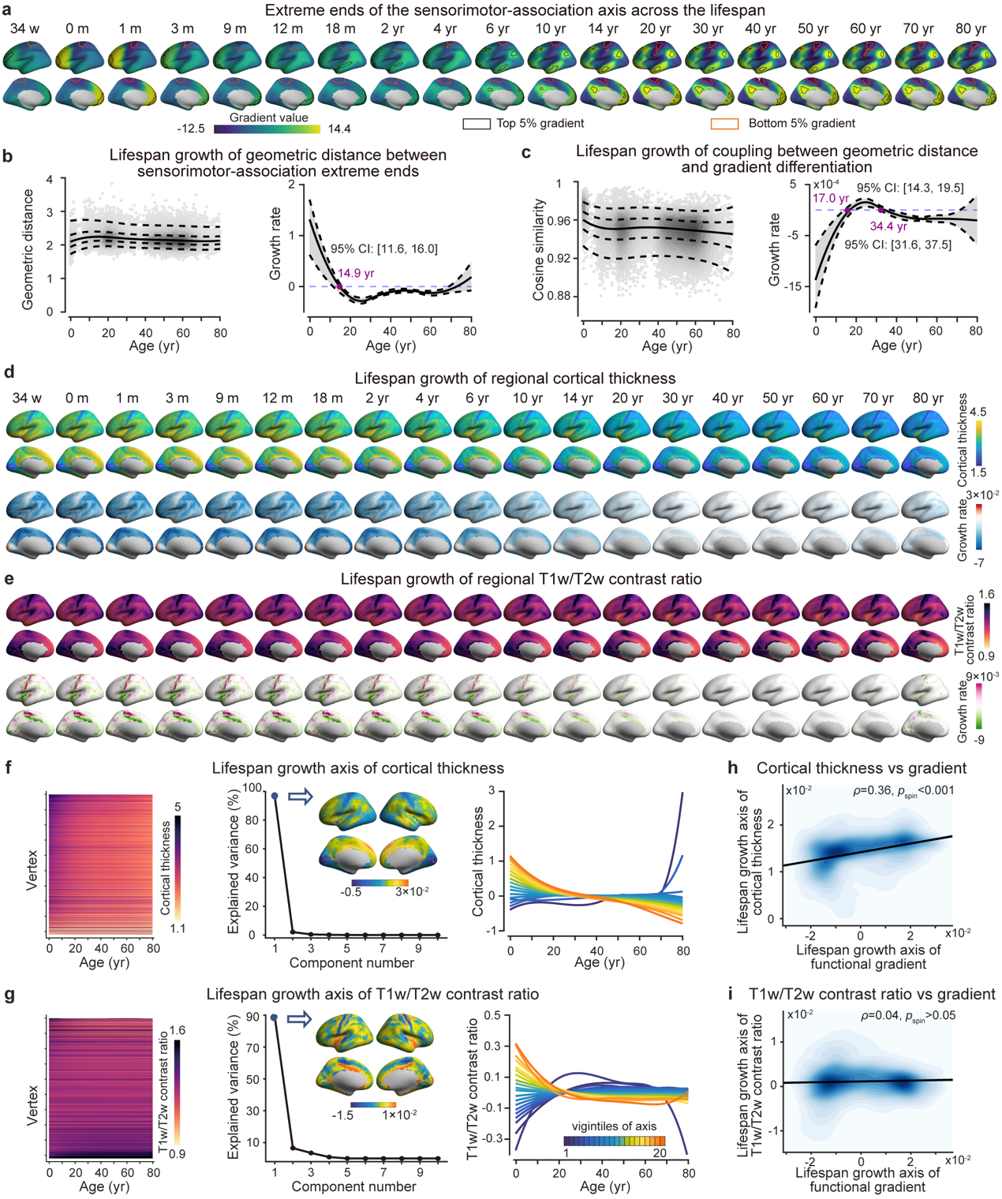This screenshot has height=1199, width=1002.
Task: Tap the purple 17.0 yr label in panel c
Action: (x=830, y=198)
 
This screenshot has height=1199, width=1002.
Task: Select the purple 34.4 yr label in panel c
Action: (x=888, y=226)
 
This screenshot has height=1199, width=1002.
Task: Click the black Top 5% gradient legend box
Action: (x=477, y=123)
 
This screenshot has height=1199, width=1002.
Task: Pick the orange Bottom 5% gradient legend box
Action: (x=725, y=123)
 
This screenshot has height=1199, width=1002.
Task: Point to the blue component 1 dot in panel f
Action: (x=275, y=796)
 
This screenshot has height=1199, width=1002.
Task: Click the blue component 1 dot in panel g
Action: (x=275, y=1018)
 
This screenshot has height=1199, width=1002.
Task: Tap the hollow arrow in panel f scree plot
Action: (x=301, y=797)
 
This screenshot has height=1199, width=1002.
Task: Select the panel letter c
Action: (x=526, y=152)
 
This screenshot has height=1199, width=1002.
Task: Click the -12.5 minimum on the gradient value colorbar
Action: (x=192, y=129)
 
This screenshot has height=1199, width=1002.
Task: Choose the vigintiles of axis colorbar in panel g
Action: (x=614, y=1140)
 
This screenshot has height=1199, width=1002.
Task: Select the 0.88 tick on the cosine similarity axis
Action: (x=562, y=296)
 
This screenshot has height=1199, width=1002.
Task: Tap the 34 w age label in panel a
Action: (x=25, y=28)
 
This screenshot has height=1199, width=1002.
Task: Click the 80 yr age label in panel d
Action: (x=928, y=398)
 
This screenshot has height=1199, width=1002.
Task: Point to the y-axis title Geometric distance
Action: (x=28, y=249)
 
